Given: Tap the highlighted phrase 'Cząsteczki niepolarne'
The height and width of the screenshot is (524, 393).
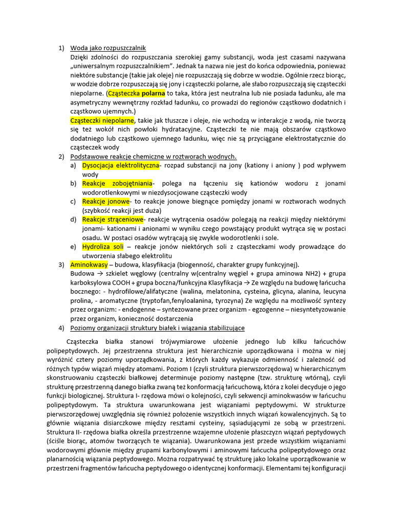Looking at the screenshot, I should coord(102,120).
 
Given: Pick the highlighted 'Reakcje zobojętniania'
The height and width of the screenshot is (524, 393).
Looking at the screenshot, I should coord(117,183).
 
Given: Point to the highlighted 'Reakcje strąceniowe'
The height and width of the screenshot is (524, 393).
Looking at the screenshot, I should coord(113,219).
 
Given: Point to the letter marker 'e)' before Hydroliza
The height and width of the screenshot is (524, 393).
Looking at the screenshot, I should coord(74,246).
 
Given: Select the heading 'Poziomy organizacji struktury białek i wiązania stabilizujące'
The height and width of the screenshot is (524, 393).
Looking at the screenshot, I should coord(157,327).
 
